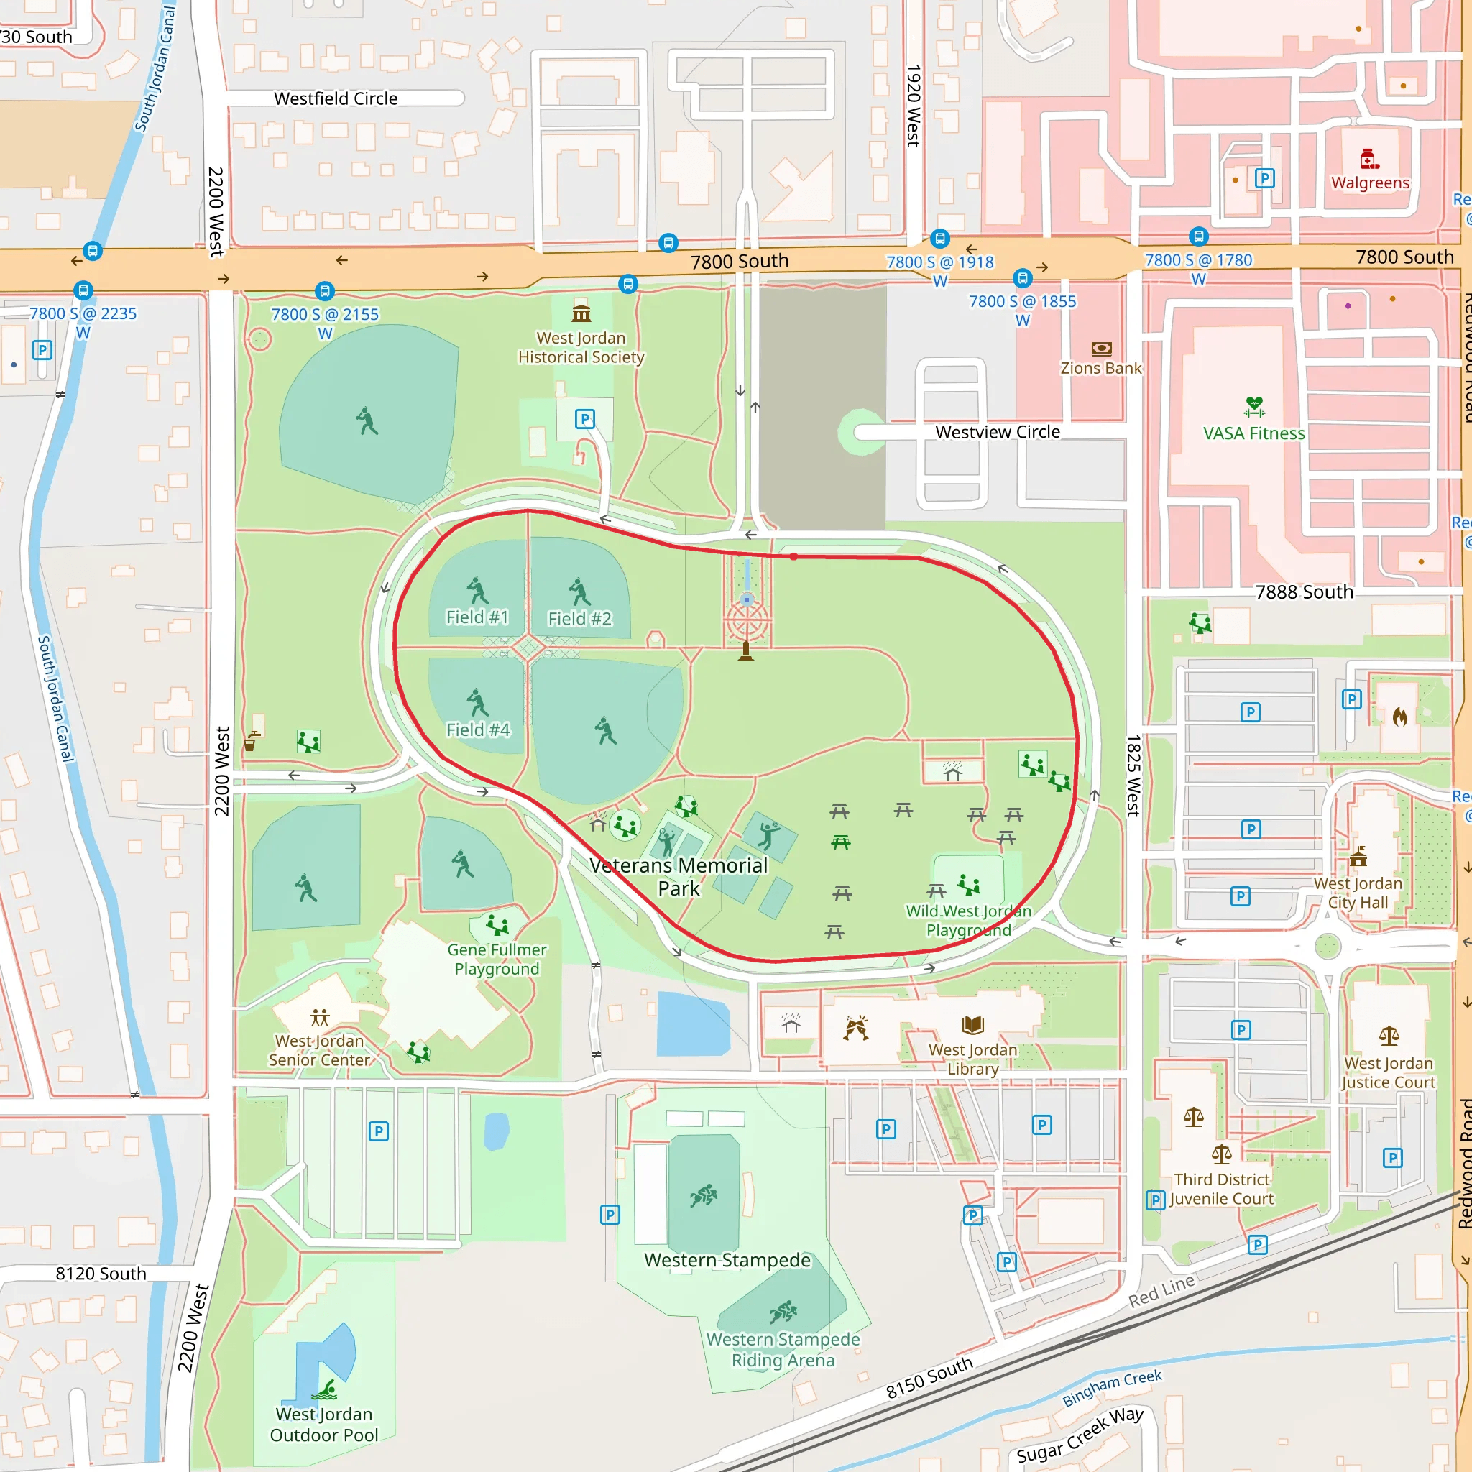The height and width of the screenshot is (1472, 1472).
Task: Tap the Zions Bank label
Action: pos(1101,368)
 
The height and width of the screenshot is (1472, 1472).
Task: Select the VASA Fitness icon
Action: pos(1254,407)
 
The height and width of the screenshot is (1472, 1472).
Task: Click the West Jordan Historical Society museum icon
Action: pos(581,313)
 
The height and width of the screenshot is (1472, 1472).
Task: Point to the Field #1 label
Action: pos(477,617)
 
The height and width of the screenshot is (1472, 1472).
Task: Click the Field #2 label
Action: pos(579,619)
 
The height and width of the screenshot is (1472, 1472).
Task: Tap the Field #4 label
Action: pos(478,730)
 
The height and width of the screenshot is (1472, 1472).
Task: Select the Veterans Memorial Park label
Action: pos(678,877)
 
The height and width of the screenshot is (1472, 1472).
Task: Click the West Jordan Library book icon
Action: pos(973,1026)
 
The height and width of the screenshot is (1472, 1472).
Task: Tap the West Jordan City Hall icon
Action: pos(1358,858)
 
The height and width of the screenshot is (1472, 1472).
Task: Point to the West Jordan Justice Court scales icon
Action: pos(1389,1036)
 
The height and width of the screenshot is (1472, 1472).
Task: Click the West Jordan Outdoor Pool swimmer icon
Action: pos(326,1391)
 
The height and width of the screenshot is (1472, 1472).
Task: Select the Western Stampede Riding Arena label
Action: pos(783,1349)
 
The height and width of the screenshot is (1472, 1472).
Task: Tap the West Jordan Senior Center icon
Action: pos(320,1017)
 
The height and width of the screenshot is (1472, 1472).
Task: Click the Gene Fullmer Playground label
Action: pos(497,960)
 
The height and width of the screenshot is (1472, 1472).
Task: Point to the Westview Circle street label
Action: pos(998,432)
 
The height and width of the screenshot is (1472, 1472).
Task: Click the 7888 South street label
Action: pos(1304,592)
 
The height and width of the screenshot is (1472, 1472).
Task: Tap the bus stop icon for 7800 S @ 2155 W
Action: pos(325,291)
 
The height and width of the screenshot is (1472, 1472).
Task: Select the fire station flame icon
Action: pos(1399,716)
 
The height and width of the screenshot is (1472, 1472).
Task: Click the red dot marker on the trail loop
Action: pos(793,557)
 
